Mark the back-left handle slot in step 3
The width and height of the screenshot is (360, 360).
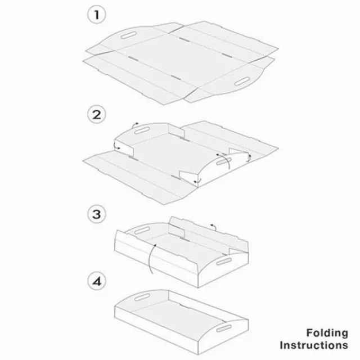pos(139,229)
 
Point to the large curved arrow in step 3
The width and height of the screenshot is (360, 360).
pos(148,258)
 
